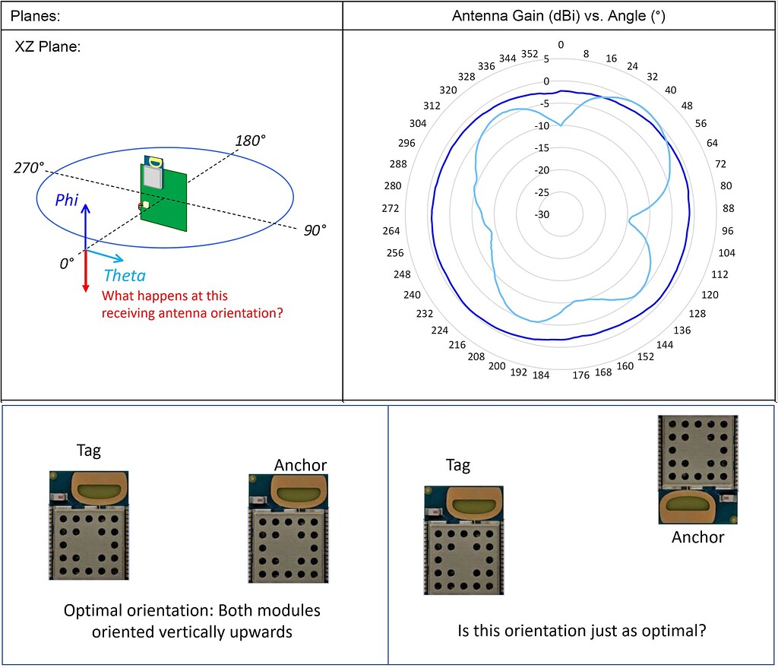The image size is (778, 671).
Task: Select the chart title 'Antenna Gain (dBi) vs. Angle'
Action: [x=558, y=16]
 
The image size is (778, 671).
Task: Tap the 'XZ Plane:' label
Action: [x=48, y=47]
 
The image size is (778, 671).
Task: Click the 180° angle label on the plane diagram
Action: [x=251, y=141]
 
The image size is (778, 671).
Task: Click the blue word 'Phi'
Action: [x=65, y=199]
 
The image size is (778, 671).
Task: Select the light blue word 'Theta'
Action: [x=125, y=276]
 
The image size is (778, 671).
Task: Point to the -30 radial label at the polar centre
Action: [x=542, y=214]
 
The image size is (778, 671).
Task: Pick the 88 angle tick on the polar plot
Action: [x=726, y=208]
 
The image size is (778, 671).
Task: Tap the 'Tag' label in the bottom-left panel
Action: [x=88, y=451]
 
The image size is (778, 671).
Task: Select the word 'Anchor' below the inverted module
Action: [x=697, y=537]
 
